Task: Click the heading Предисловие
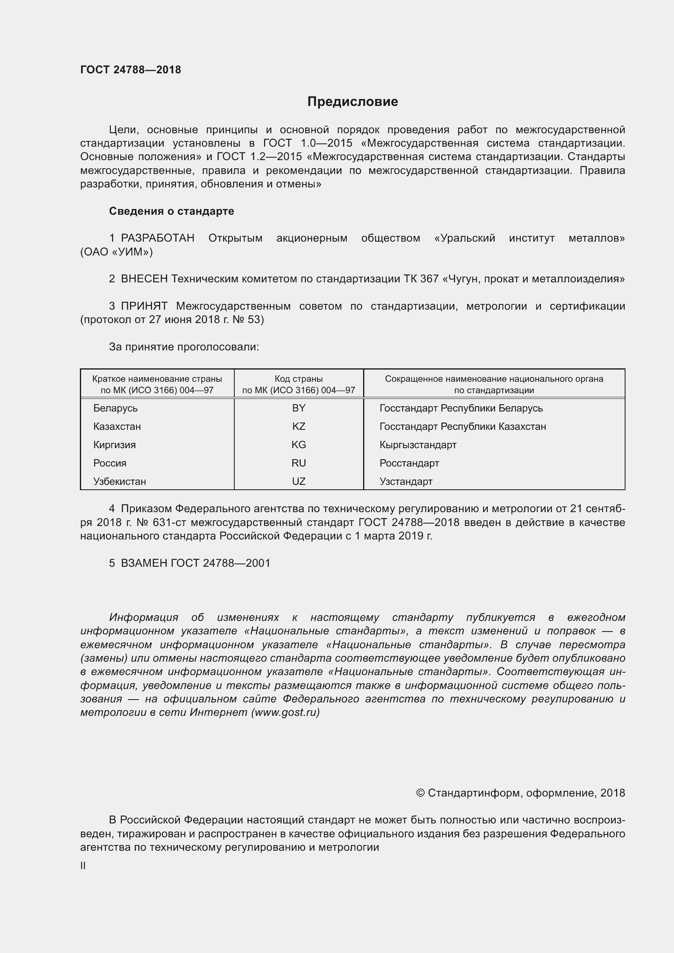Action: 352,102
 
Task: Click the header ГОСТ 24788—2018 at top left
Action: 130,70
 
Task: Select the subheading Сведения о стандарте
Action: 172,211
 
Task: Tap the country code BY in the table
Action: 298,408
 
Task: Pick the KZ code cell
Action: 298,426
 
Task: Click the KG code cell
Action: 298,445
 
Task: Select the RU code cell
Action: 298,463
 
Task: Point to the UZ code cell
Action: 298,482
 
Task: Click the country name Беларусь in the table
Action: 115,408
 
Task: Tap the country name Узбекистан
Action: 119,482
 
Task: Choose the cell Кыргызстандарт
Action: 418,445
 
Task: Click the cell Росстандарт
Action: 409,463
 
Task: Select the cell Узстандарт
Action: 406,482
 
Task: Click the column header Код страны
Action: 298,379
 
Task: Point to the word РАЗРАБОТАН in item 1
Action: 157,238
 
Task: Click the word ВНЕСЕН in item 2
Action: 144,279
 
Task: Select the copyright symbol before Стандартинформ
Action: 420,793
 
